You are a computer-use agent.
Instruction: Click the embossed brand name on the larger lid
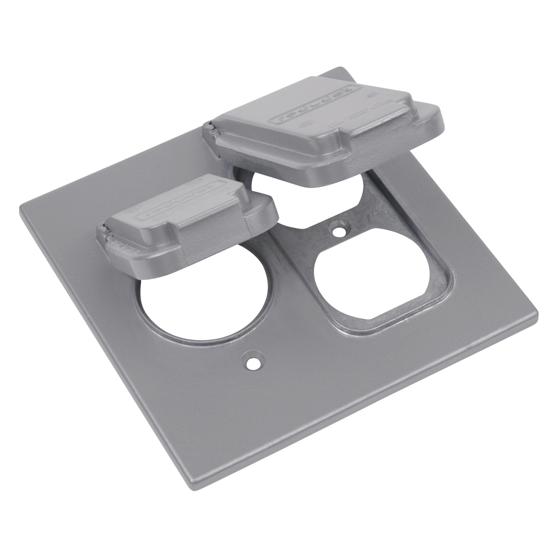[x=314, y=108]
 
